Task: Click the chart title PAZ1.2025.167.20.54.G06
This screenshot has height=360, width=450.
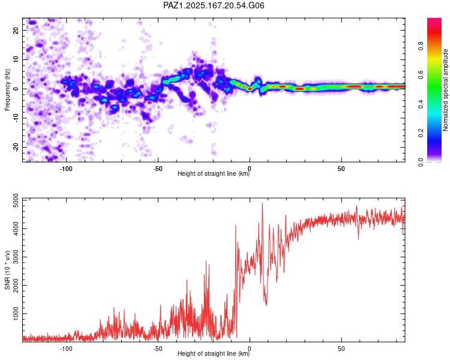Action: [x=214, y=5]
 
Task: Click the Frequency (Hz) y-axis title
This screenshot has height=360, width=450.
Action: [x=7, y=90]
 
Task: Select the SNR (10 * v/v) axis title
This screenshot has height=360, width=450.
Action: [x=7, y=270]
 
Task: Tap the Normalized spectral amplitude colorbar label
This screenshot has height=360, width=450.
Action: [x=445, y=90]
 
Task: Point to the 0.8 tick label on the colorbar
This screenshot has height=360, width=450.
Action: [x=421, y=46]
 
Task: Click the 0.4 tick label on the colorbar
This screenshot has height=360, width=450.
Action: [x=421, y=104]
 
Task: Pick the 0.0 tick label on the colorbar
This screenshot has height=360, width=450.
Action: [x=421, y=162]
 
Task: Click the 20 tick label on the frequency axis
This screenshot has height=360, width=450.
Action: [x=16, y=30]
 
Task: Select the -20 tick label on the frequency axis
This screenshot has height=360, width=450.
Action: [x=16, y=148]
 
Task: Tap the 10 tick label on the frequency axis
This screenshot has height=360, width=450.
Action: [x=16, y=59]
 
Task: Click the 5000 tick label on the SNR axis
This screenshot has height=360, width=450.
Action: [x=16, y=200]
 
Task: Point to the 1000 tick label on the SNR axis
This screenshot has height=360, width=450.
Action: [x=16, y=314]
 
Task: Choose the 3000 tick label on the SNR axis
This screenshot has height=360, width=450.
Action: [x=16, y=257]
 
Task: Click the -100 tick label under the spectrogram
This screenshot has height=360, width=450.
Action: [x=66, y=169]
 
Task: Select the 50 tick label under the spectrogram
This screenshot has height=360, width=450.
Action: [x=341, y=169]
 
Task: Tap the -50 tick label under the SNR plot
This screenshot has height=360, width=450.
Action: [x=158, y=349]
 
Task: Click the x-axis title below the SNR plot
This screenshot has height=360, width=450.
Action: [x=214, y=353]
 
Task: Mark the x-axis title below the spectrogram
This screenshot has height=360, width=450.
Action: [x=214, y=173]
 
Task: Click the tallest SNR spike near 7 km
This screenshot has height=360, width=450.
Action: [x=262, y=203]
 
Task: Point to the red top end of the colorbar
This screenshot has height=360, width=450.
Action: [x=434, y=19]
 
